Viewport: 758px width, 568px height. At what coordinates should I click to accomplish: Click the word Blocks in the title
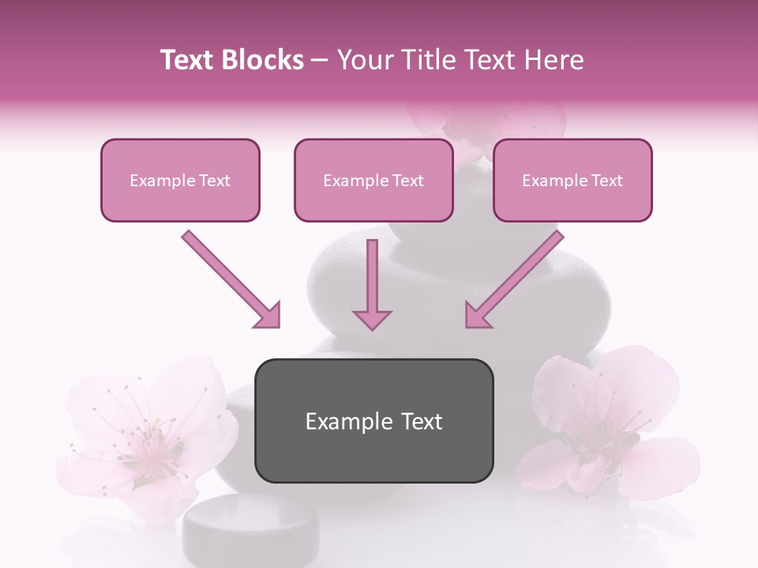(264, 60)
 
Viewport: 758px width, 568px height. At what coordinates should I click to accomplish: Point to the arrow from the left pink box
(231, 279)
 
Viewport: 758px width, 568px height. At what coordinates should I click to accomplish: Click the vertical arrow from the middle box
(372, 276)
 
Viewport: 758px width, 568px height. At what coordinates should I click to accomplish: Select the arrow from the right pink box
(514, 279)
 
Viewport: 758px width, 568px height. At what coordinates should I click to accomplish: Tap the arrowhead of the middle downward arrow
(372, 319)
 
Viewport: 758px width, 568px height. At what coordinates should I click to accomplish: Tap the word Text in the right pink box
(606, 181)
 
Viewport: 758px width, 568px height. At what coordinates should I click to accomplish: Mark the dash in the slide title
(321, 61)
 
